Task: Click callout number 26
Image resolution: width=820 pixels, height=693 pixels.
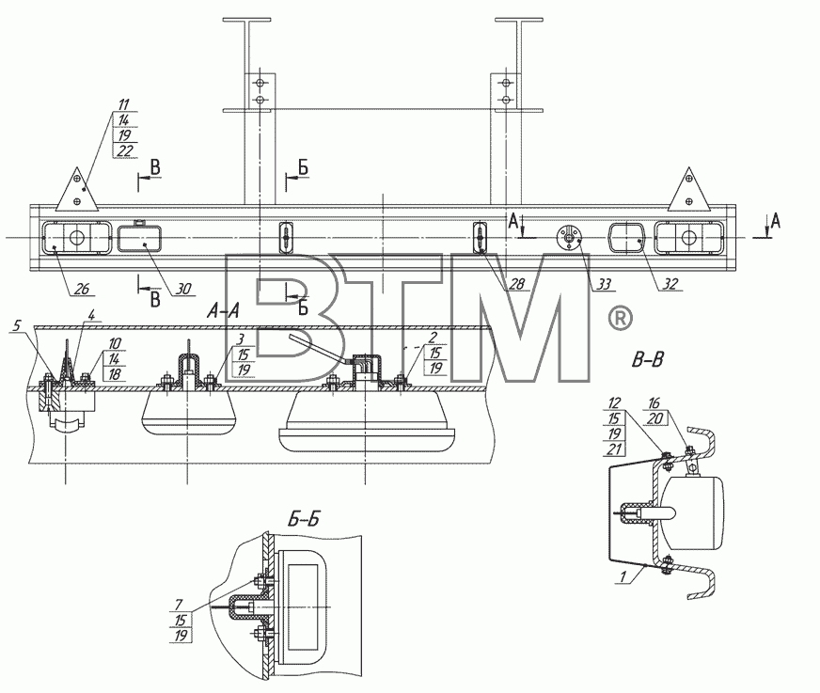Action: [82, 288]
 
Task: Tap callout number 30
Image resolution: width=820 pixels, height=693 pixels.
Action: [183, 288]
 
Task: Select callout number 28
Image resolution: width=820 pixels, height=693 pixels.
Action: [516, 283]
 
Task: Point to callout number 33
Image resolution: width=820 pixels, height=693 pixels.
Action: [605, 284]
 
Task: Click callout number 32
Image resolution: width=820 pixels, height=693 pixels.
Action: [670, 283]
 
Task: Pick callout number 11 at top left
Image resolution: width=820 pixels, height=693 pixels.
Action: [123, 104]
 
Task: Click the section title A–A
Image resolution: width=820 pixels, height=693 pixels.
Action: [223, 311]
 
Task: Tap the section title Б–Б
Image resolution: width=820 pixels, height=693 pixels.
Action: [304, 519]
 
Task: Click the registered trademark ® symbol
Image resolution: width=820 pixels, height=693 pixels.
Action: [621, 319]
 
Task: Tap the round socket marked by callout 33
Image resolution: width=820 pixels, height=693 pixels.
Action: [569, 238]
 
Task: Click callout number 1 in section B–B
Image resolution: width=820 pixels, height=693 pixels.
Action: [623, 577]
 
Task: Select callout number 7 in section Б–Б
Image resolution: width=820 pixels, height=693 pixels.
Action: [179, 606]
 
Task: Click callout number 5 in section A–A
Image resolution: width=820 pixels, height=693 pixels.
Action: [16, 325]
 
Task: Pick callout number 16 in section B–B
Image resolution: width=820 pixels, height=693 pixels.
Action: [654, 402]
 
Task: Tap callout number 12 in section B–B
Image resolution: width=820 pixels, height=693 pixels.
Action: [614, 402]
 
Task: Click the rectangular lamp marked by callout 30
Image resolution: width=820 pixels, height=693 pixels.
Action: [139, 240]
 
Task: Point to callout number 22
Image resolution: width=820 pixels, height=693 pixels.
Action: [125, 150]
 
